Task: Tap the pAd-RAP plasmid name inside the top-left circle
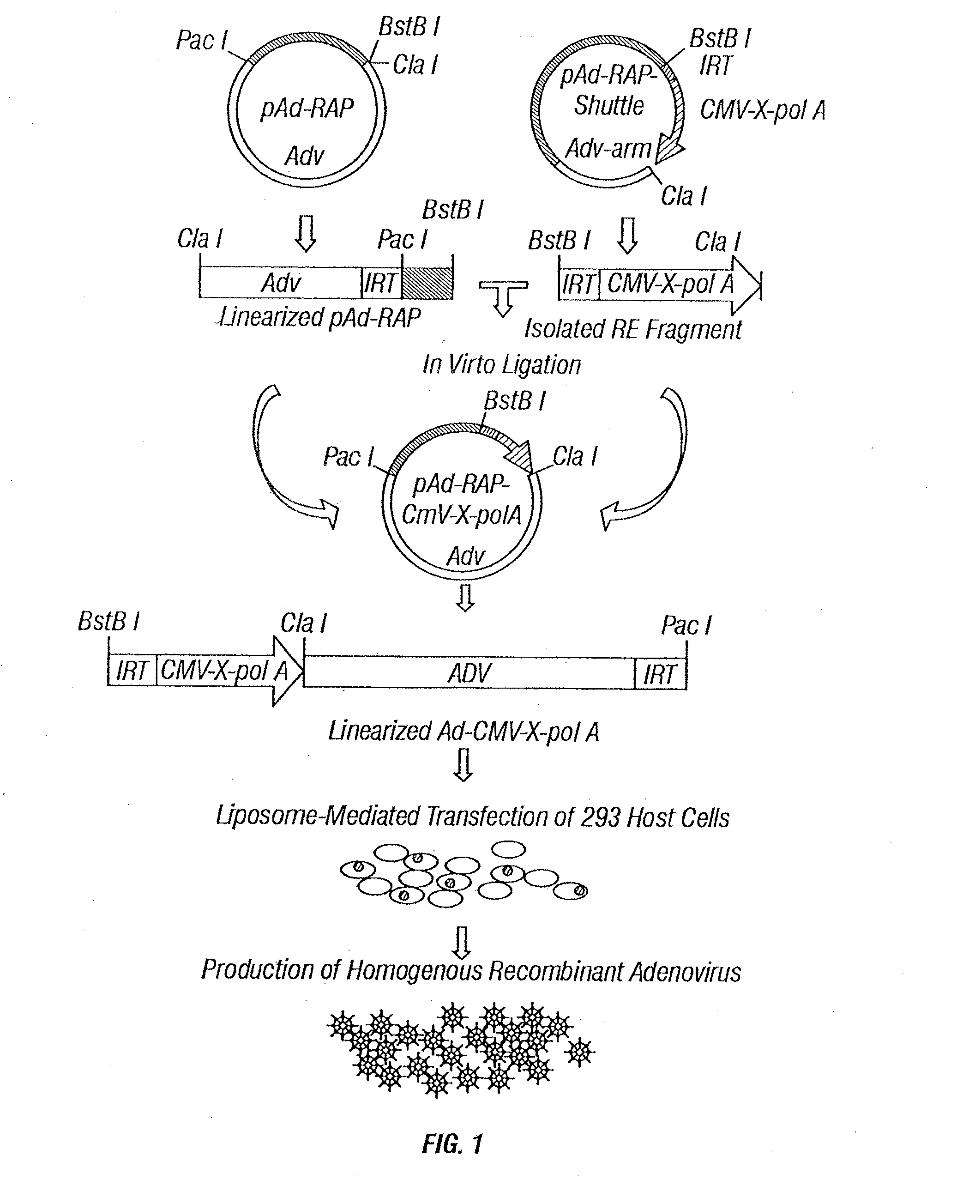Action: (x=307, y=108)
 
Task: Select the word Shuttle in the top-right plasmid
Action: (x=609, y=106)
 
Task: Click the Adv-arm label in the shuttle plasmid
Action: (x=608, y=149)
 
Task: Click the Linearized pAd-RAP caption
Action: (x=320, y=318)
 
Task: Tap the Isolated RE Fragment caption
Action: (x=633, y=329)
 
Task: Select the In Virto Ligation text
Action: (x=501, y=365)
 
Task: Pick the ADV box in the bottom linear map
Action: (x=469, y=673)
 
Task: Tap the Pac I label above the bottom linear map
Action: (x=686, y=625)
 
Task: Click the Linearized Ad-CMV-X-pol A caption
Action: (x=463, y=731)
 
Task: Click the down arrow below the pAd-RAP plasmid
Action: (x=305, y=233)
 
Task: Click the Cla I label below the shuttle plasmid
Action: (x=684, y=196)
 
